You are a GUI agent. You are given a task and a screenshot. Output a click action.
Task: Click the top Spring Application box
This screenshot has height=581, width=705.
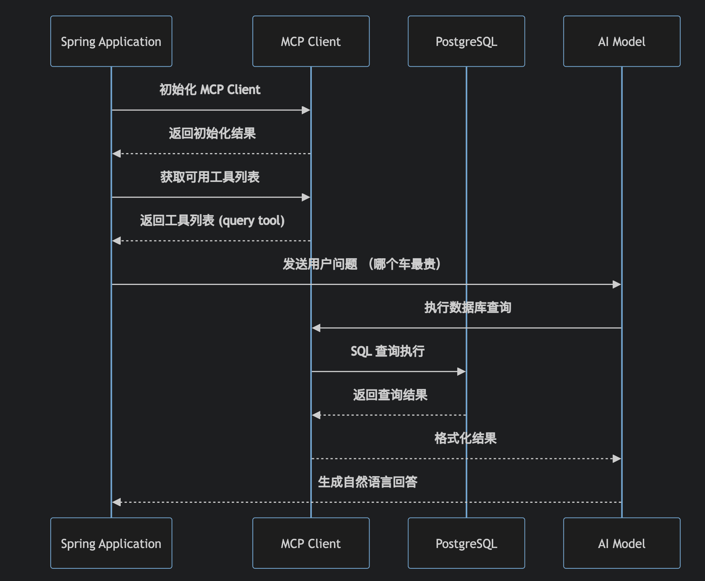pos(111,41)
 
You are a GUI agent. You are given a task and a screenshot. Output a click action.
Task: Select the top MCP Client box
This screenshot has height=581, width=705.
pos(311,41)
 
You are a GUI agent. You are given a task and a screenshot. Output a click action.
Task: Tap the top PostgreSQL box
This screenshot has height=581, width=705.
pos(466,41)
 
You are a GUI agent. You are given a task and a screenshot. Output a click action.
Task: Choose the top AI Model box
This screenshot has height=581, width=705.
pos(622,41)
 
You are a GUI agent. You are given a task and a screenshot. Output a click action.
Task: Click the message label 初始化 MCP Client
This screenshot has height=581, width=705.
pos(210,90)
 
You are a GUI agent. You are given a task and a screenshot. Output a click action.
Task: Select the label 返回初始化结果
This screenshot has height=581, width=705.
pos(212,133)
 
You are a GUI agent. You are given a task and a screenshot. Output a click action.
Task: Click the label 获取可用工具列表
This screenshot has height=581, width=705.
pos(210,177)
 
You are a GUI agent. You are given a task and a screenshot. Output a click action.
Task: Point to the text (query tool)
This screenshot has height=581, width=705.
pos(252,221)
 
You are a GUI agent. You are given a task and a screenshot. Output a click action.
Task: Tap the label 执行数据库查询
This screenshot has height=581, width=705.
pos(468,308)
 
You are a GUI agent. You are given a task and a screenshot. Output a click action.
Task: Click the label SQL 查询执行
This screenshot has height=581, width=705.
pos(387,351)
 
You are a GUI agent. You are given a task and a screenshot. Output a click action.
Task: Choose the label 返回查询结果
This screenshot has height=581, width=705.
pos(390,395)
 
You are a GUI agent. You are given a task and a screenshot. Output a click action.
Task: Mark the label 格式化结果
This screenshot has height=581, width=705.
pos(465,438)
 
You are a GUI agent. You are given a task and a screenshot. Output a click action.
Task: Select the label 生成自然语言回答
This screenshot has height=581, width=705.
pos(368,482)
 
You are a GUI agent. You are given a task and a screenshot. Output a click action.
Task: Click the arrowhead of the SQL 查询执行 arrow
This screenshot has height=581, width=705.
pos(461,371)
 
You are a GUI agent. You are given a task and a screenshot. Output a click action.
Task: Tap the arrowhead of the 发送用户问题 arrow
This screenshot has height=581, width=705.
pos(617,284)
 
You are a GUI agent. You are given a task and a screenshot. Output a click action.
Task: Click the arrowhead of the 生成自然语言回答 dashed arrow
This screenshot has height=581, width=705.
pos(117,502)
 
